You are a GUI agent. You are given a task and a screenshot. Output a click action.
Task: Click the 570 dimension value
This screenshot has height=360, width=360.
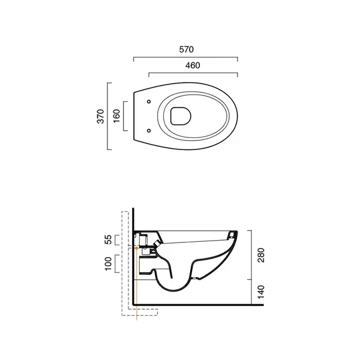click(x=186, y=49)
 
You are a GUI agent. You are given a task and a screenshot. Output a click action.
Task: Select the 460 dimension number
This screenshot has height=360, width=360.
click(x=193, y=65)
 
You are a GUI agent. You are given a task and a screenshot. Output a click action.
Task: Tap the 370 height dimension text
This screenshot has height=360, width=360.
click(x=101, y=116)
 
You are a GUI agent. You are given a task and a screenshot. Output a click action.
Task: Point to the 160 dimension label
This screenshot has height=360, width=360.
click(x=116, y=116)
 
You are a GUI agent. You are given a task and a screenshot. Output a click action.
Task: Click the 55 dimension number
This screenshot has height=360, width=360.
click(x=108, y=239)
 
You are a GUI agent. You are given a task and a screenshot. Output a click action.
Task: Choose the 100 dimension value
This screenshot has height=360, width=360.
click(x=108, y=264)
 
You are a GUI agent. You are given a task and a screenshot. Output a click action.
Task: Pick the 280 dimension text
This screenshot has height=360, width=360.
click(x=261, y=255)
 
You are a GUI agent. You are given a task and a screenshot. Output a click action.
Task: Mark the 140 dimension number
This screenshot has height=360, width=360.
click(x=261, y=292)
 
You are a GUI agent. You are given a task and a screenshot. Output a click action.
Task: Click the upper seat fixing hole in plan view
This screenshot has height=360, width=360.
click(x=149, y=101)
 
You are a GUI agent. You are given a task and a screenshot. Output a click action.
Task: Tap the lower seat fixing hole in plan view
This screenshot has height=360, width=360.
click(x=149, y=131)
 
